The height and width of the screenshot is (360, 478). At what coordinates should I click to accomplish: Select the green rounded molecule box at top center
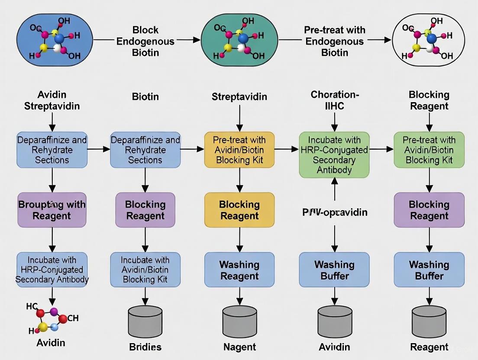pyautogui.click(x=239, y=40)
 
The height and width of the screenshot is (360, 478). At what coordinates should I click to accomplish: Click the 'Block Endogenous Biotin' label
pyautogui.click(x=145, y=42)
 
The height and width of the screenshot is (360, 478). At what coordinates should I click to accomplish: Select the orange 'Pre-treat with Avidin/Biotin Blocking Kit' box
pyautogui.click(x=239, y=150)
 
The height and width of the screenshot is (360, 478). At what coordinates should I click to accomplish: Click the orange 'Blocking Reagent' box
pyautogui.click(x=239, y=210)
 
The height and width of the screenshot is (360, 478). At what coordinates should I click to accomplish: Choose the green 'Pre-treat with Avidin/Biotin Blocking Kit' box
pyautogui.click(x=429, y=150)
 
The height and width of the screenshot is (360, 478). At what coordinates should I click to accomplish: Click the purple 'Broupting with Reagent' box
pyautogui.click(x=52, y=210)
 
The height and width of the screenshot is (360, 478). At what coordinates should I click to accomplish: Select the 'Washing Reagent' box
pyautogui.click(x=239, y=270)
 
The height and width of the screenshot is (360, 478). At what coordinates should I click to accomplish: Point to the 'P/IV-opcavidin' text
pyautogui.click(x=334, y=212)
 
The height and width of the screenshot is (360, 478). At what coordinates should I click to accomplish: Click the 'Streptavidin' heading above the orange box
pyautogui.click(x=239, y=97)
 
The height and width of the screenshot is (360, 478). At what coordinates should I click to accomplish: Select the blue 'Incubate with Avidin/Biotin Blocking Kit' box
pyautogui.click(x=145, y=270)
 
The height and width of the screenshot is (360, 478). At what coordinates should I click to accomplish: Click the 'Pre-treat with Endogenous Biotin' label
pyautogui.click(x=334, y=42)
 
